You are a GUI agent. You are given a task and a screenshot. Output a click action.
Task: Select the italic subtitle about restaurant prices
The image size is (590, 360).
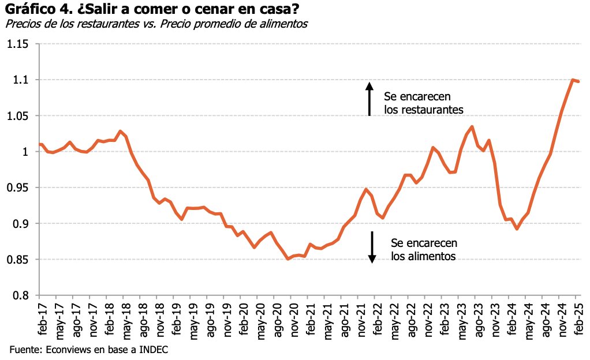point(156,24)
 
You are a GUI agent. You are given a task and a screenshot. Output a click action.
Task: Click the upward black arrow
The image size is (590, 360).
point(369,99)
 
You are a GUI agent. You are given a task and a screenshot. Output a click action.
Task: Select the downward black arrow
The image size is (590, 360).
point(372,247)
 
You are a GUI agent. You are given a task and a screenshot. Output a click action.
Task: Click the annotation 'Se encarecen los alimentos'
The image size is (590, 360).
point(424,249)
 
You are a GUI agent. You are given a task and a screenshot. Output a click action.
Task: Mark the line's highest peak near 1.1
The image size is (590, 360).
point(573,80)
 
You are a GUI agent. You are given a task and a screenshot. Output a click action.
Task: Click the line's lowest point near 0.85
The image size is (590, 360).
point(289,259)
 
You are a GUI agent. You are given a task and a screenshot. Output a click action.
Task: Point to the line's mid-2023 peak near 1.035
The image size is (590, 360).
point(472,126)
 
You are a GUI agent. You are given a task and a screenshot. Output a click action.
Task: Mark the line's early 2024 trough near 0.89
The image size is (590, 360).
point(517,229)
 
